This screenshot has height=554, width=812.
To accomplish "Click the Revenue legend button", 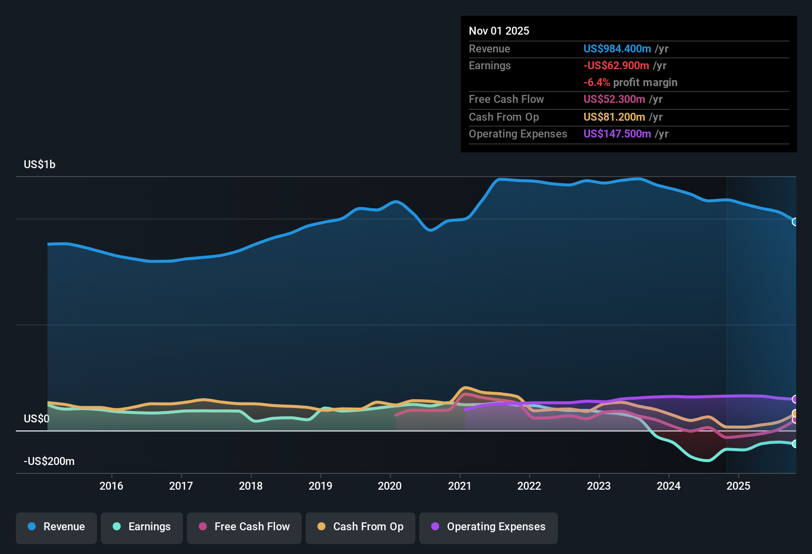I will point(56,527).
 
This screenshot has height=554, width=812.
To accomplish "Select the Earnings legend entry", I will point(142,527).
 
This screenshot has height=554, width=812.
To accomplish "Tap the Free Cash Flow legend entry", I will point(244,527).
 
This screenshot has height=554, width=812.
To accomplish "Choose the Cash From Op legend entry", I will point(361,527).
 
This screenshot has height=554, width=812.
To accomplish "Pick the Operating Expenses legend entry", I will point(489,527).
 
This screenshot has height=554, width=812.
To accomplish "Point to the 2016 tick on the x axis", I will point(111,486).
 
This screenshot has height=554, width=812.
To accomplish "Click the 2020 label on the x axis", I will point(390,486).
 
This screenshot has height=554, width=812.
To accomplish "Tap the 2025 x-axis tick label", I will point(738,486).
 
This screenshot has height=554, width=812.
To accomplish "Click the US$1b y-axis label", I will point(40,165).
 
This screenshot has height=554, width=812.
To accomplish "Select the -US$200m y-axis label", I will point(49,462).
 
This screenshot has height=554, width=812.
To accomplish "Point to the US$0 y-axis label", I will point(37,419).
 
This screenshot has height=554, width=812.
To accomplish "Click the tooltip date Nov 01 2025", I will point(499,31).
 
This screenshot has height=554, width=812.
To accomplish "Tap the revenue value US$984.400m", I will point(617,49).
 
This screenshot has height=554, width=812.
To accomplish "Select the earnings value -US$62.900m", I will point(616,66).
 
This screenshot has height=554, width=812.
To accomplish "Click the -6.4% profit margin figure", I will point(596,83).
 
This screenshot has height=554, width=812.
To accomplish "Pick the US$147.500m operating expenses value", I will point(617,134).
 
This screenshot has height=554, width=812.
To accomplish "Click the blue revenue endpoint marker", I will point(795,222).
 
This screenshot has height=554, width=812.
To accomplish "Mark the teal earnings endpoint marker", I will point(795,444).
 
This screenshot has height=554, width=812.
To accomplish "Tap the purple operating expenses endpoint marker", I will point(795,399).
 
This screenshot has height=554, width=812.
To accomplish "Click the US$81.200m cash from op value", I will point(614,117).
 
